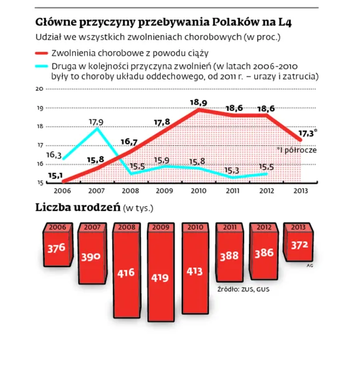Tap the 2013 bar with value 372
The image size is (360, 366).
301,245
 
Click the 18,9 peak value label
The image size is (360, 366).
198,102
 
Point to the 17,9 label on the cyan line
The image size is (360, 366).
96,121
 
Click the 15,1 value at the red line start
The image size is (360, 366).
55,176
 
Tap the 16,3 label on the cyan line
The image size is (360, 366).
54,154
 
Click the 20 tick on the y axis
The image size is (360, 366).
39,89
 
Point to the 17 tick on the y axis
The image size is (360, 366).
39,145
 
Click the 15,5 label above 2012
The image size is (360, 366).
266,167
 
